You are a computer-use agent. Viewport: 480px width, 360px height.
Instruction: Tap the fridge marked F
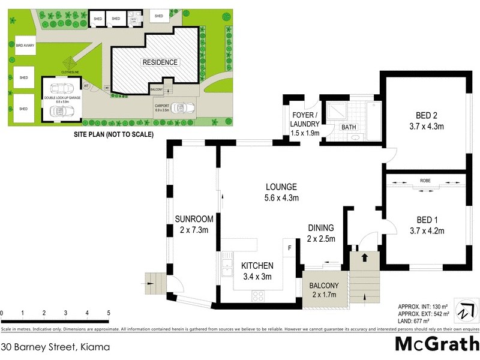click(290, 247)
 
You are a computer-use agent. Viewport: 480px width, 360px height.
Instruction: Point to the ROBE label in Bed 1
click(425, 179)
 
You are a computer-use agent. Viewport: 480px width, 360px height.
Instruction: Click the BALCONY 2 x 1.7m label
click(325, 290)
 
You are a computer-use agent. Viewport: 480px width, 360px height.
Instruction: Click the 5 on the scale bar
click(109, 313)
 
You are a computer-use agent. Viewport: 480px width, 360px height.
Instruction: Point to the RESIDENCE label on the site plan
click(160, 62)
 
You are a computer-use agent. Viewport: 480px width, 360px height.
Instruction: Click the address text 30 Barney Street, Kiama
click(56, 347)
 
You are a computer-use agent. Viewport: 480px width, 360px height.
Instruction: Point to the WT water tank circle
click(86, 86)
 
